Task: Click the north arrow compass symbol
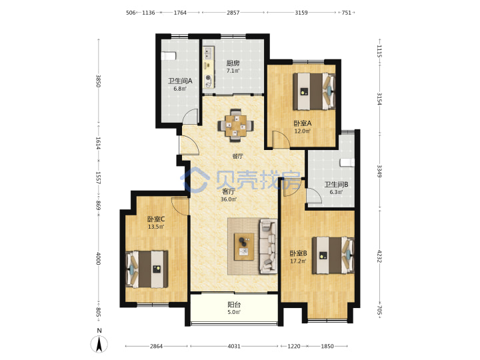tap(99, 344)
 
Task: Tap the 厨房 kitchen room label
tap(233, 63)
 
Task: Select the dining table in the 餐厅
tap(235, 125)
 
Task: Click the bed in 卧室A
tap(314, 91)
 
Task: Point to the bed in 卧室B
tap(333, 255)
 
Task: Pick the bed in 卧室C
tap(147, 269)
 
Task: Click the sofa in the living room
tap(269, 246)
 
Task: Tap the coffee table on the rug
tap(244, 247)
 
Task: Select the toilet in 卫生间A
tap(169, 56)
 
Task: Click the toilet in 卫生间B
tap(347, 162)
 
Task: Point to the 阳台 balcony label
tap(234, 305)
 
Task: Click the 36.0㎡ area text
tap(229, 199)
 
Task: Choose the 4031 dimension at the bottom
tap(234, 346)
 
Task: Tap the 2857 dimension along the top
tap(233, 13)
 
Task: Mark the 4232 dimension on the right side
tap(379, 256)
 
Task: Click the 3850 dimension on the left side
tap(98, 81)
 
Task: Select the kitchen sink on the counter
tap(209, 53)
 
